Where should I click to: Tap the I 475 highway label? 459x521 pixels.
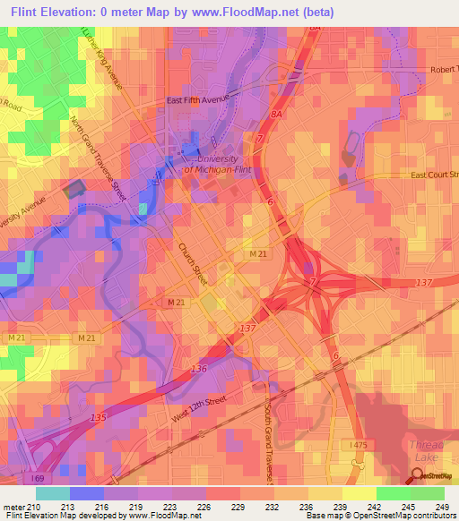click(359, 443)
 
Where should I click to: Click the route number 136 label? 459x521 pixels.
click(198, 369)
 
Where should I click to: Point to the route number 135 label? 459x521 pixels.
click(98, 417)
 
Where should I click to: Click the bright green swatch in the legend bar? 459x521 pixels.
click(393, 493)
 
